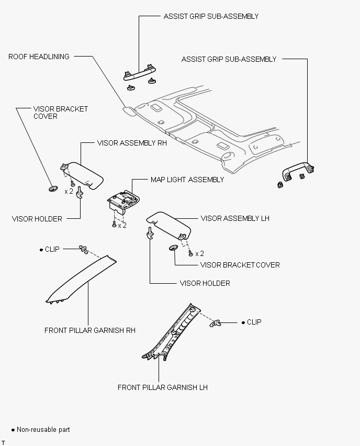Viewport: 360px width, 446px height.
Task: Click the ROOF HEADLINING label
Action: [39, 57]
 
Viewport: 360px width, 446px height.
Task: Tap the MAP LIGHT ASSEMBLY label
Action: [187, 180]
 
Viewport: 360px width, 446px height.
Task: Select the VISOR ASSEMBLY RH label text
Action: [132, 143]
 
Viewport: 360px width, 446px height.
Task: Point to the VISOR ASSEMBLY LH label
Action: [235, 218]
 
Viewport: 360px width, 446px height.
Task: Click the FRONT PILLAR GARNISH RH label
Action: [90, 330]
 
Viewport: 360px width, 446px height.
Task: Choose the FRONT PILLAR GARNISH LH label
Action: [163, 387]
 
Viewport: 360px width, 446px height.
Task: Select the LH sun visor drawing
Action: [169, 224]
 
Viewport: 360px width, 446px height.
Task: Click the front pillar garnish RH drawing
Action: [81, 280]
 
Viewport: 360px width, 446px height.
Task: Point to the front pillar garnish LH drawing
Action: [172, 333]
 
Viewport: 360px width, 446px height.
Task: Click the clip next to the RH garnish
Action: [83, 249]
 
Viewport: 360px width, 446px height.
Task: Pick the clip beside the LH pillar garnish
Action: [215, 323]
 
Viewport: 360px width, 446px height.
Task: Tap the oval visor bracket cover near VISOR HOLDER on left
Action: [53, 188]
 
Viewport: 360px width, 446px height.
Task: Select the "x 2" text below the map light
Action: [122, 226]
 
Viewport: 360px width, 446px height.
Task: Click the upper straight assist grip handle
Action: [140, 73]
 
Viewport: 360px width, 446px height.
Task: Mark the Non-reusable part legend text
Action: [43, 429]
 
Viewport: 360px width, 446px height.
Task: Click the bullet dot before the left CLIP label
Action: [41, 250]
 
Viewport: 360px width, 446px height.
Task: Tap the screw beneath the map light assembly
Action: [114, 225]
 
